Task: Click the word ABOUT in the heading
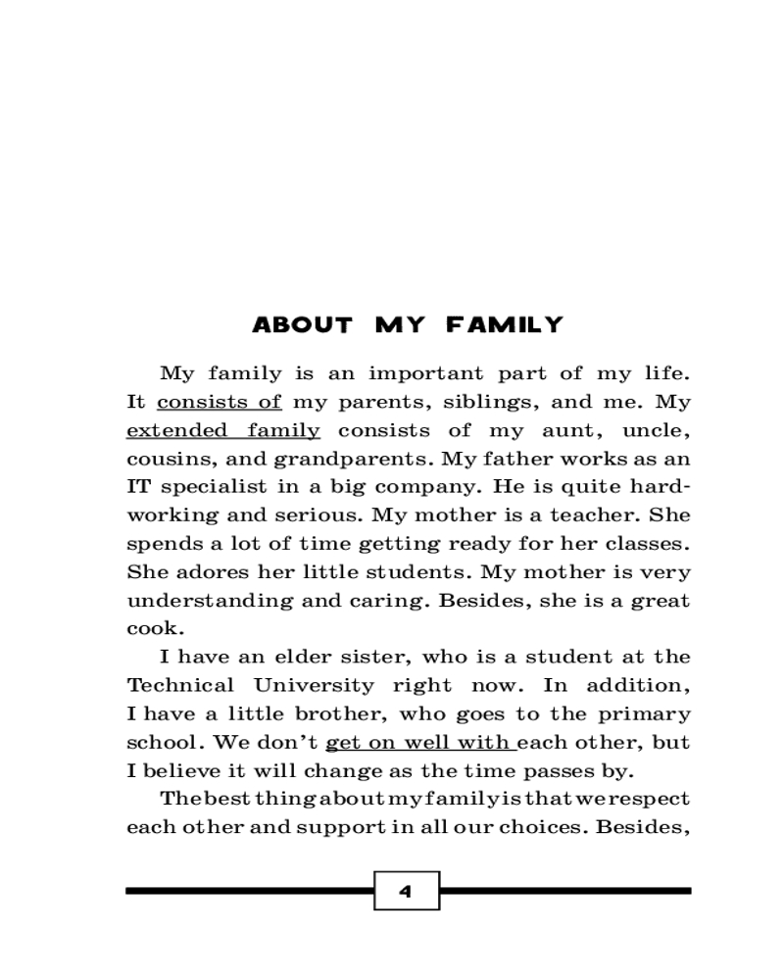coord(302,325)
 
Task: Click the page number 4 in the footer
coord(406,891)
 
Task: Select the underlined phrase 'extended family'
coord(223,430)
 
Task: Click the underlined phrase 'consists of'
coord(220,402)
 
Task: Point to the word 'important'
coord(426,373)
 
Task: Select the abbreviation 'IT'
coord(137,487)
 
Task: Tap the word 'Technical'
coord(181,685)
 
